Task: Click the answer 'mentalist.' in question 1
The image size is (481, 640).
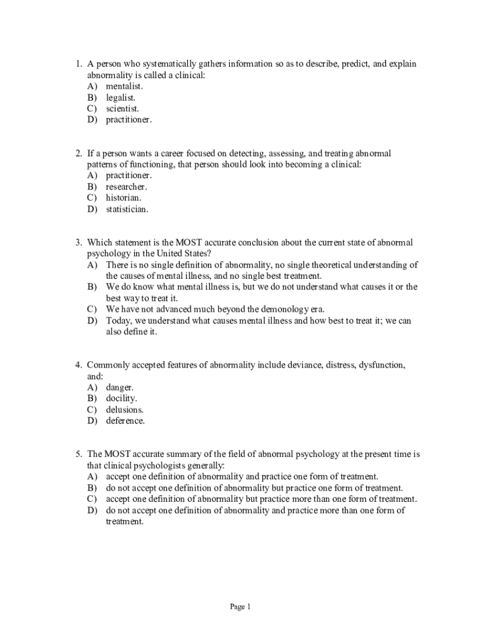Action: (x=124, y=86)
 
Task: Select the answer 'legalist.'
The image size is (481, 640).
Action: (x=121, y=97)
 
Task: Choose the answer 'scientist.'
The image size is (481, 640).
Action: (x=122, y=109)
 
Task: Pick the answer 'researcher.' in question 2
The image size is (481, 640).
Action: (x=127, y=187)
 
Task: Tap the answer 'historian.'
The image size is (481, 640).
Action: (x=123, y=198)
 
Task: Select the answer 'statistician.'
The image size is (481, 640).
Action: (x=127, y=209)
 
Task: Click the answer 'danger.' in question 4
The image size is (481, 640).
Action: (x=120, y=387)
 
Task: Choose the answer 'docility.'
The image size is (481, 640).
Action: (x=121, y=399)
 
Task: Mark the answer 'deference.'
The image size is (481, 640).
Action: (x=126, y=421)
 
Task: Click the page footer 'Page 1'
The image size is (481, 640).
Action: (x=240, y=607)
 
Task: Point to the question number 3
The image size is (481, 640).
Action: (x=79, y=242)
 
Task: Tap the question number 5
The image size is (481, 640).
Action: (x=79, y=454)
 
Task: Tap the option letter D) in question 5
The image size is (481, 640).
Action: (x=92, y=511)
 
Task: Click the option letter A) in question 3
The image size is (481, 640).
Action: (x=92, y=265)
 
